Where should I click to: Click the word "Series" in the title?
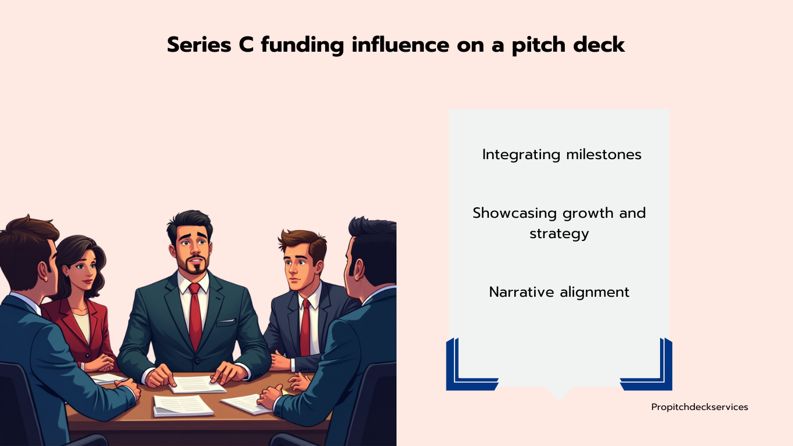(x=199, y=45)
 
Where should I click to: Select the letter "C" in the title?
(x=246, y=45)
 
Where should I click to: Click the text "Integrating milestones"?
(x=562, y=155)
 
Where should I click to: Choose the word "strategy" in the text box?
(x=560, y=234)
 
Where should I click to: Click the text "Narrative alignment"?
(x=560, y=292)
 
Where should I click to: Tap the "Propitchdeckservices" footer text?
(x=700, y=407)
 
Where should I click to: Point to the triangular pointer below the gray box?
(x=559, y=393)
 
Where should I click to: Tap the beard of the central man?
(x=193, y=266)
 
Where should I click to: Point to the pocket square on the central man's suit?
(x=226, y=322)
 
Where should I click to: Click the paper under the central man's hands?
(x=197, y=384)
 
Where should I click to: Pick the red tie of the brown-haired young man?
(x=305, y=328)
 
